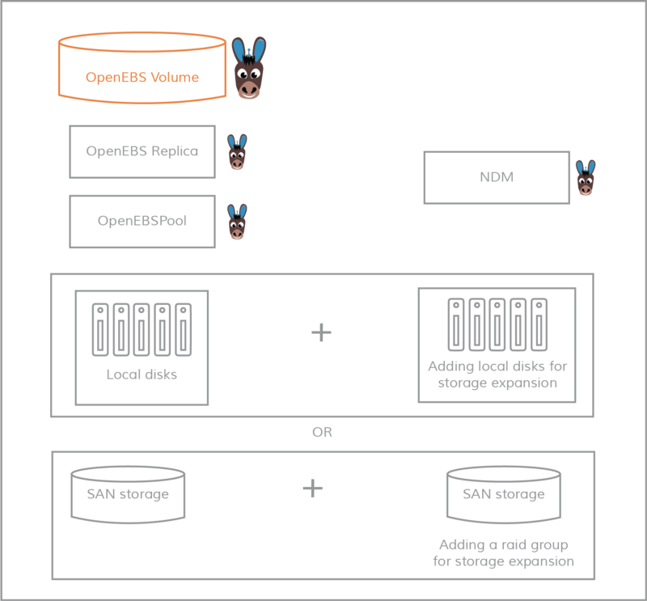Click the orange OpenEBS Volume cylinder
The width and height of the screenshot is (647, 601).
click(142, 77)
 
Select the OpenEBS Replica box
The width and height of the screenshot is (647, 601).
click(142, 151)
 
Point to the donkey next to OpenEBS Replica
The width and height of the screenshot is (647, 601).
click(237, 151)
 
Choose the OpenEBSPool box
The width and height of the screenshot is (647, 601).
click(142, 221)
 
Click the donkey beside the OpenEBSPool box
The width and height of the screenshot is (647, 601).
click(237, 222)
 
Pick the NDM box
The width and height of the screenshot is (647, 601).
click(497, 177)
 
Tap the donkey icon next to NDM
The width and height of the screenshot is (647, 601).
click(586, 177)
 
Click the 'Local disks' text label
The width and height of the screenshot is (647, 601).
click(142, 375)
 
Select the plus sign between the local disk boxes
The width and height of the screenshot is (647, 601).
click(322, 332)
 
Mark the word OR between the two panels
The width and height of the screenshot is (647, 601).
click(322, 433)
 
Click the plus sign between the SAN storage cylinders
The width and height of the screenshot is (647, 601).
click(312, 488)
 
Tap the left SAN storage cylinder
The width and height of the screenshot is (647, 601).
click(128, 493)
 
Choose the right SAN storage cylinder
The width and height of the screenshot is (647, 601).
click(504, 493)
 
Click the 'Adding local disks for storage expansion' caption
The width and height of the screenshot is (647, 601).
click(497, 375)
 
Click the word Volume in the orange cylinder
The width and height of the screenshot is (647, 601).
click(175, 78)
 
